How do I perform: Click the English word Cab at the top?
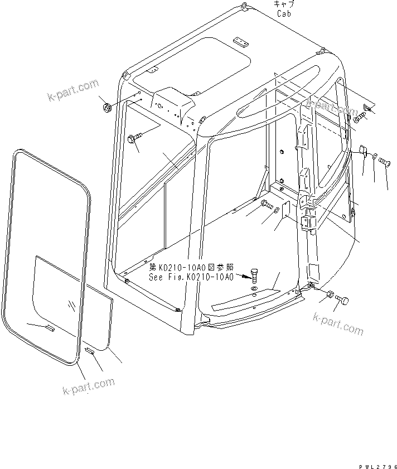283,13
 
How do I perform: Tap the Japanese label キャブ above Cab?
283,5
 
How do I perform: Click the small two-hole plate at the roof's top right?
240,43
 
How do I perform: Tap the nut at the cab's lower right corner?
328,294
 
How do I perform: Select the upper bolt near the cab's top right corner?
358,117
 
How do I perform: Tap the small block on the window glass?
49,327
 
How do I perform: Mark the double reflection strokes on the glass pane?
70,305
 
